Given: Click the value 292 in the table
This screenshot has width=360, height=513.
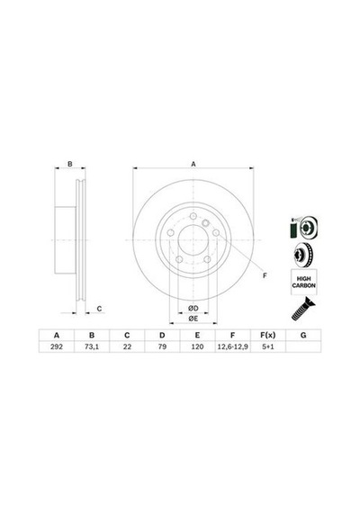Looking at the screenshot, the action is pyautogui.click(x=57, y=346).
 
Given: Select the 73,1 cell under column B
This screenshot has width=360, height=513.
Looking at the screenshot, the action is pyautogui.click(x=92, y=346).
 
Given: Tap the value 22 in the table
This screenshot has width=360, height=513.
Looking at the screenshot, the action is pyautogui.click(x=127, y=346).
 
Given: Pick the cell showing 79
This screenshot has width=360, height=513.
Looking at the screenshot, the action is pyautogui.click(x=162, y=346).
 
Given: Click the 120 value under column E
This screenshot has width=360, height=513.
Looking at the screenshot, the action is pyautogui.click(x=197, y=346).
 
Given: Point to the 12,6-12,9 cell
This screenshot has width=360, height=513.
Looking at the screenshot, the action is pyautogui.click(x=233, y=346).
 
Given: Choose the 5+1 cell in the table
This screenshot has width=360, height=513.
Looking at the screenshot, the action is pyautogui.click(x=267, y=346).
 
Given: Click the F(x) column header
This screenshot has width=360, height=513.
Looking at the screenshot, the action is pyautogui.click(x=267, y=335).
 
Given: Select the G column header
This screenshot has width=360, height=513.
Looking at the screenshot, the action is pyautogui.click(x=303, y=335).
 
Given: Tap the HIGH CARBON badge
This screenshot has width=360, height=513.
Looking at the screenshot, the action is pyautogui.click(x=303, y=282).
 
